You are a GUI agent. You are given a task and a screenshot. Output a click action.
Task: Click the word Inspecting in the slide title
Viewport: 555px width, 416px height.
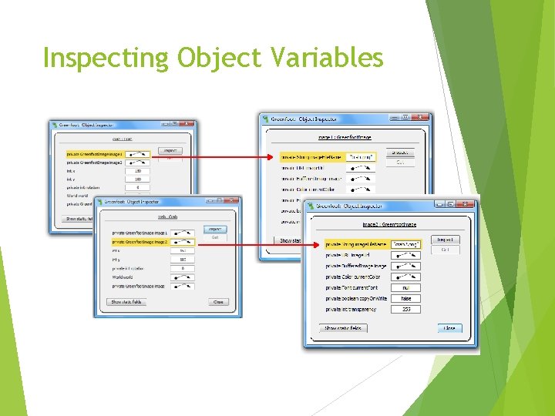tap(106, 58)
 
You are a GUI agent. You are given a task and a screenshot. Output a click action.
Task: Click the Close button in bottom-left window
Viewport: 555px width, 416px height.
tap(218, 302)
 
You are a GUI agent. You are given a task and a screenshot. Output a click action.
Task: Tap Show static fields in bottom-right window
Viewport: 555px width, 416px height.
tap(344, 328)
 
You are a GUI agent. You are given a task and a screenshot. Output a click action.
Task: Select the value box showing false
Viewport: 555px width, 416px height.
tap(405, 298)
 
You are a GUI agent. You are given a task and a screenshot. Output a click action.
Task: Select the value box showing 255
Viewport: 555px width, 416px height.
tap(405, 309)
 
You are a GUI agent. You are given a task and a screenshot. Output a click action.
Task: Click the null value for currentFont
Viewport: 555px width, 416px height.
tap(405, 287)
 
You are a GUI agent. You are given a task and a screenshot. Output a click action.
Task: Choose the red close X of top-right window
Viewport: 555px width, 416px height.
tap(420, 119)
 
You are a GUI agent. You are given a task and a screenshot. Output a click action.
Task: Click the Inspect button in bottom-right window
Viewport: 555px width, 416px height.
tap(445, 240)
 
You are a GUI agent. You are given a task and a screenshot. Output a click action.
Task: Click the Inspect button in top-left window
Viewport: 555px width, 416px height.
tap(170, 151)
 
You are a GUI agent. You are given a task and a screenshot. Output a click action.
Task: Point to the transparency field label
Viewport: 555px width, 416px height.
tap(351, 309)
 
